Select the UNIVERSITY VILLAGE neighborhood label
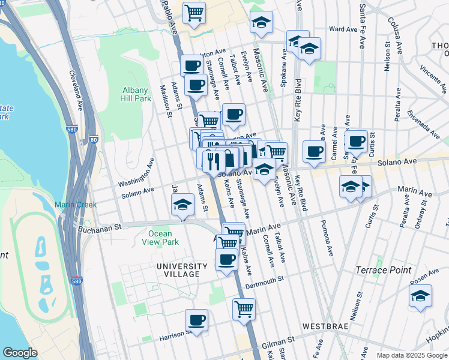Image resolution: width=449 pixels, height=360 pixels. click(178, 270)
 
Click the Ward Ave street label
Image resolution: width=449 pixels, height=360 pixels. click(343, 29)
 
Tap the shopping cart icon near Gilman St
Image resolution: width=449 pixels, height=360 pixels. click(244, 309)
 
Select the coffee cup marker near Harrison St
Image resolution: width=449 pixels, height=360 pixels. click(196, 319)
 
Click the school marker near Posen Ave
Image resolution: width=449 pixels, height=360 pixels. click(420, 296)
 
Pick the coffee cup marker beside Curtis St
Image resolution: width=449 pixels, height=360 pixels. click(356, 141)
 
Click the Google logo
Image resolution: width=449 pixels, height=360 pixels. click(20, 353)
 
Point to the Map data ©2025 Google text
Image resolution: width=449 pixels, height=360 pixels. click(411, 355)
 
